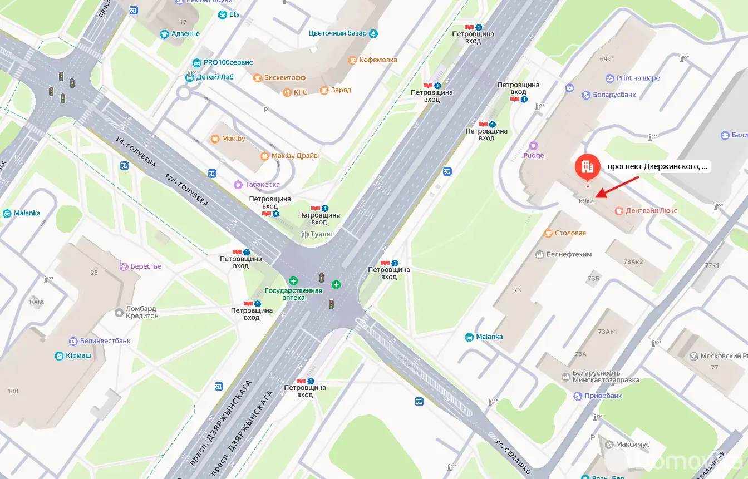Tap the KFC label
coord(300,92)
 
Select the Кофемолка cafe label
coord(378,60)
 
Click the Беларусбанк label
coord(614,95)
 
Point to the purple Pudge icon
coord(533,146)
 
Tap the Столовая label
coord(570,233)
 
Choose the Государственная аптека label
coord(293,293)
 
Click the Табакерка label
coord(262,184)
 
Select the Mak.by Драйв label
coord(294,156)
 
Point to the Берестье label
coord(145,266)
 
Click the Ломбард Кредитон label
coord(141,312)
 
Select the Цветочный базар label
coord(337,33)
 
